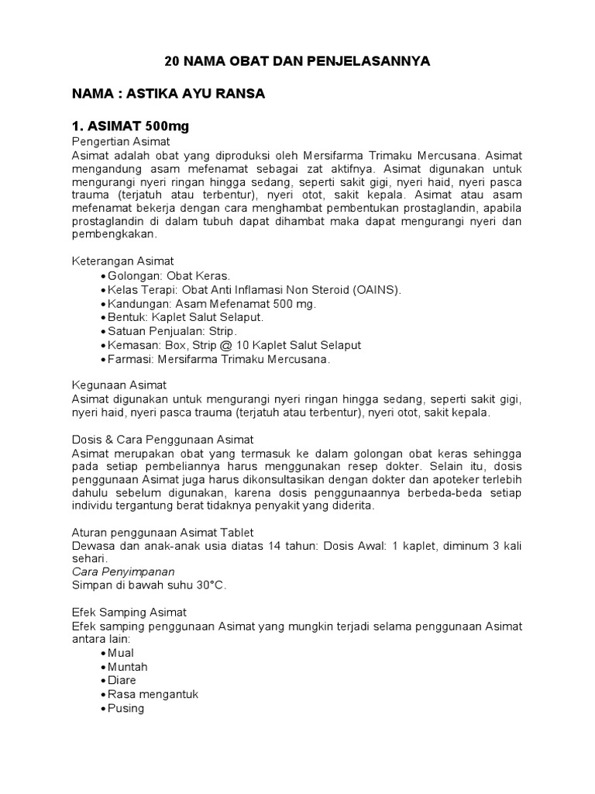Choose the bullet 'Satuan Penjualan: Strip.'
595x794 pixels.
[x=174, y=331]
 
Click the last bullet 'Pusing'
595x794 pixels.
[x=126, y=708]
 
